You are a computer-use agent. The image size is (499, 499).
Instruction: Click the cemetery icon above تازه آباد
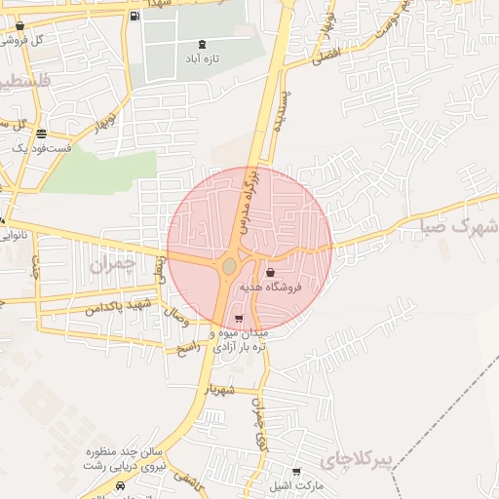click(x=202, y=45)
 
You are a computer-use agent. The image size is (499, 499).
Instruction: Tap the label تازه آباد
click(x=202, y=59)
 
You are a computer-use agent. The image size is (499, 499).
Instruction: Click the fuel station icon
click(x=134, y=16)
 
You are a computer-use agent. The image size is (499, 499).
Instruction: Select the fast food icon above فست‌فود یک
click(x=40, y=134)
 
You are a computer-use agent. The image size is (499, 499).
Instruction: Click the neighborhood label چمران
click(x=109, y=264)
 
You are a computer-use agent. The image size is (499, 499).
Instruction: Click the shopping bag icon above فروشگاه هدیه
click(x=270, y=273)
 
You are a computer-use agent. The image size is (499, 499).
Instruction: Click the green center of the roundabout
click(x=230, y=266)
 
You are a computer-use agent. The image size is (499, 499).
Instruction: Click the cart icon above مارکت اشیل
click(x=296, y=472)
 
